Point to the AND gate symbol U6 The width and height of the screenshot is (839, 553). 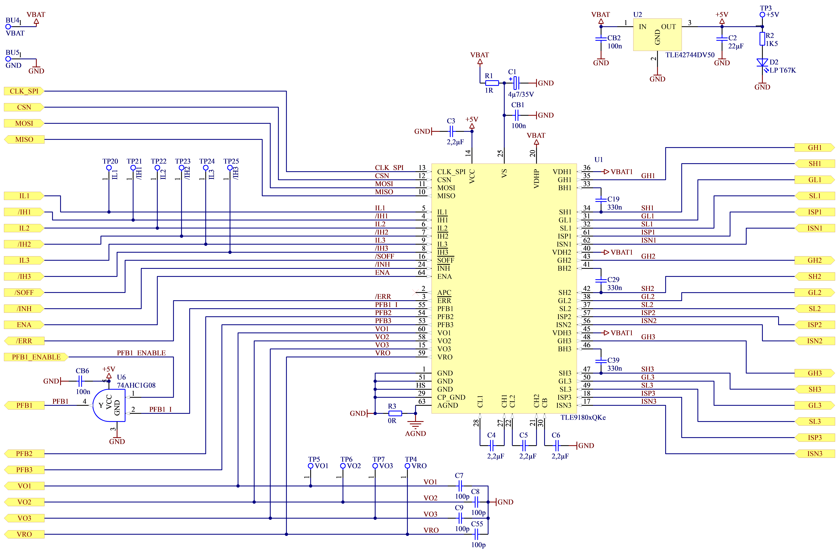[x=109, y=406]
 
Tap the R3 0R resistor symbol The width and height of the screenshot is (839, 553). [x=395, y=413]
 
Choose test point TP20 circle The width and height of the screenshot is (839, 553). [x=109, y=168]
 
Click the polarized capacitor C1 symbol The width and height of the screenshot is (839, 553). [x=516, y=83]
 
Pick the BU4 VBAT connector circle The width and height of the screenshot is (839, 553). [x=8, y=26]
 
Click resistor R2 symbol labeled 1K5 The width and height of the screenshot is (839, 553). [x=762, y=39]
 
